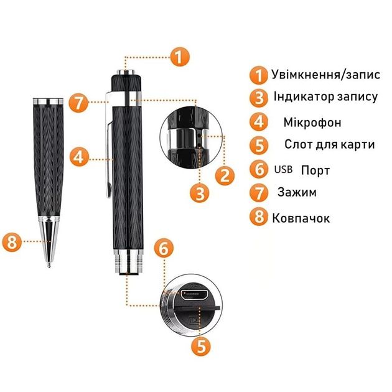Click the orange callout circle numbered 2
click(225, 175)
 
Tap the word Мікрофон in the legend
click(312, 123)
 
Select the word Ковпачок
click(301, 218)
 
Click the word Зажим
click(297, 192)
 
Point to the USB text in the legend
click(283, 169)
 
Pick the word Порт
click(315, 170)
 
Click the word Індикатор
click(304, 96)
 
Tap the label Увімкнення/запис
click(326, 75)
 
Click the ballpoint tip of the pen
click(49, 265)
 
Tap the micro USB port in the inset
click(194, 296)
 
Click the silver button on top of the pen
click(126, 72)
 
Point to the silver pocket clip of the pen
click(109, 145)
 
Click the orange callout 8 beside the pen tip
click(12, 242)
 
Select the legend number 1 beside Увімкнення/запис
click(259, 75)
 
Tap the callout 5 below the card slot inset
click(201, 346)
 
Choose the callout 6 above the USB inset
click(164, 248)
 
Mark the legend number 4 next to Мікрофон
click(259, 122)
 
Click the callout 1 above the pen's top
click(179, 57)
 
